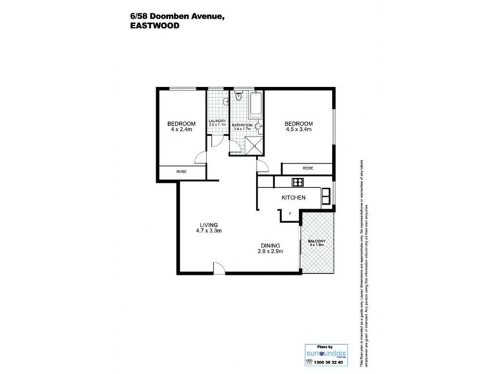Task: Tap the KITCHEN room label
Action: (293, 198)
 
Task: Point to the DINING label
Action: (271, 245)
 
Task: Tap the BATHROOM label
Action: (243, 125)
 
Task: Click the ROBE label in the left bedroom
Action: (181, 171)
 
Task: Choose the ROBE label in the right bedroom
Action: (308, 168)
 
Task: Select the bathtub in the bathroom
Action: (255, 106)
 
